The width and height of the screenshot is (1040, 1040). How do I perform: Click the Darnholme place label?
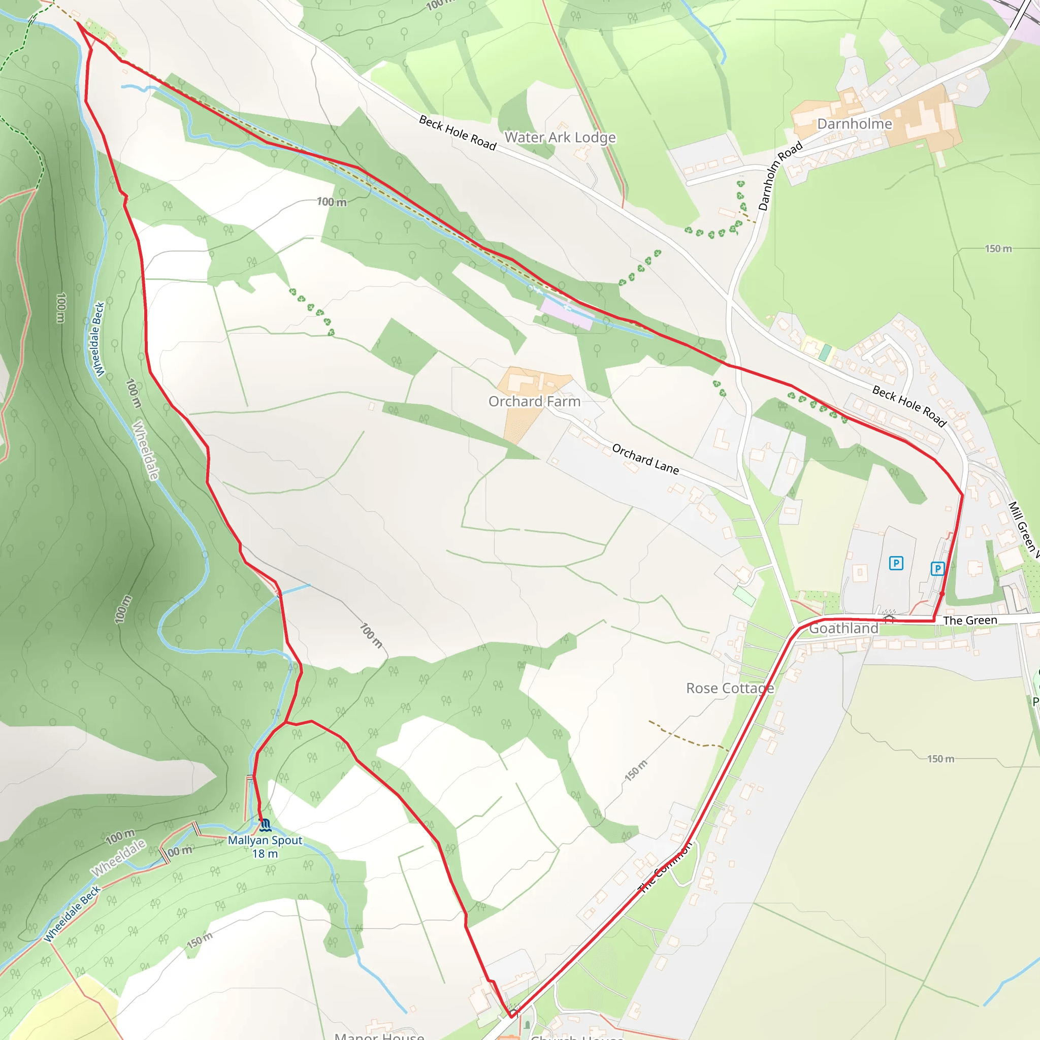[x=854, y=124]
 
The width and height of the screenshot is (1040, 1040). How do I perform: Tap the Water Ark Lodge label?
[x=560, y=137]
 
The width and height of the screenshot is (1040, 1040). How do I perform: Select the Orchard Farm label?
[x=534, y=402]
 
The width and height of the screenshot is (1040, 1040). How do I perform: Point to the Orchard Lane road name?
[x=645, y=459]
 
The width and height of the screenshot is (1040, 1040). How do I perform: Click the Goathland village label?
[x=843, y=628]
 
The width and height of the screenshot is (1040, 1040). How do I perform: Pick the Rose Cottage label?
[x=730, y=688]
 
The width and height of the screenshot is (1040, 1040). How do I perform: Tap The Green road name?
[x=970, y=620]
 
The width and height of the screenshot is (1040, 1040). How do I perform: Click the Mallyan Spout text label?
[x=265, y=840]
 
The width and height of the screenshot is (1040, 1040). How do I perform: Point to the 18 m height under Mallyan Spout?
[x=265, y=854]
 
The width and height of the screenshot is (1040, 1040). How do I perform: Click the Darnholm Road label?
[x=780, y=176]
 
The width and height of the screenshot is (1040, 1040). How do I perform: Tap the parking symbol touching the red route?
[x=937, y=568]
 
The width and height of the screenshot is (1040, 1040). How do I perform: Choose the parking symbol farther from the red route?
[x=896, y=563]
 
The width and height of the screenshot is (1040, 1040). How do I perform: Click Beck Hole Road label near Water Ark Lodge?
[x=458, y=133]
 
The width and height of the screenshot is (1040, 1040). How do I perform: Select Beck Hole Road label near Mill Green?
[x=909, y=406]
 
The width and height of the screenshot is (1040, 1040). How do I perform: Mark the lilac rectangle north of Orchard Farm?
[x=566, y=314]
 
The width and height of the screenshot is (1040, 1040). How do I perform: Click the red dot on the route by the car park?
[x=941, y=593]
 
